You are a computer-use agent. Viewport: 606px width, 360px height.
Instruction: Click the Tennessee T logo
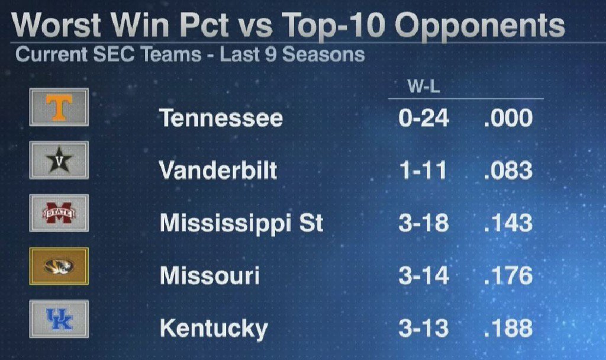(59, 107)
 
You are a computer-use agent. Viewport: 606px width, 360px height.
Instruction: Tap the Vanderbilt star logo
(59, 160)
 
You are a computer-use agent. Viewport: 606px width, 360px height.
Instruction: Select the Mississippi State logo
(59, 213)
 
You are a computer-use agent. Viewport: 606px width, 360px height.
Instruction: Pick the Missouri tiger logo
(59, 266)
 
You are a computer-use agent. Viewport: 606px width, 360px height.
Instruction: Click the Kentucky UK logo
(59, 319)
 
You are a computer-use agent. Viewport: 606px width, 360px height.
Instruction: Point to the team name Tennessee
(221, 118)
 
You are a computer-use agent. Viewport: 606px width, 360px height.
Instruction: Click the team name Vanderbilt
(218, 171)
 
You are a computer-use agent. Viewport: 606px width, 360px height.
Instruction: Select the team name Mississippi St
(241, 224)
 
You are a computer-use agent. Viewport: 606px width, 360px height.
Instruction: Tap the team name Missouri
(209, 277)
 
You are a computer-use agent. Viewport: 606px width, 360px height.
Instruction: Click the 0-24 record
(424, 118)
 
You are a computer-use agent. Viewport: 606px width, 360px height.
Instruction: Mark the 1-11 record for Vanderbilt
(423, 171)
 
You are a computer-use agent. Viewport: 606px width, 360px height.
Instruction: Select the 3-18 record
(424, 223)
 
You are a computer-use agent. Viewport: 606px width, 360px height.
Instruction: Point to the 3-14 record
(424, 276)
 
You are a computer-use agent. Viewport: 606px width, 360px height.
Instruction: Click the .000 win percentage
(508, 118)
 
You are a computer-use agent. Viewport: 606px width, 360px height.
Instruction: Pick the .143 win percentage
(508, 223)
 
